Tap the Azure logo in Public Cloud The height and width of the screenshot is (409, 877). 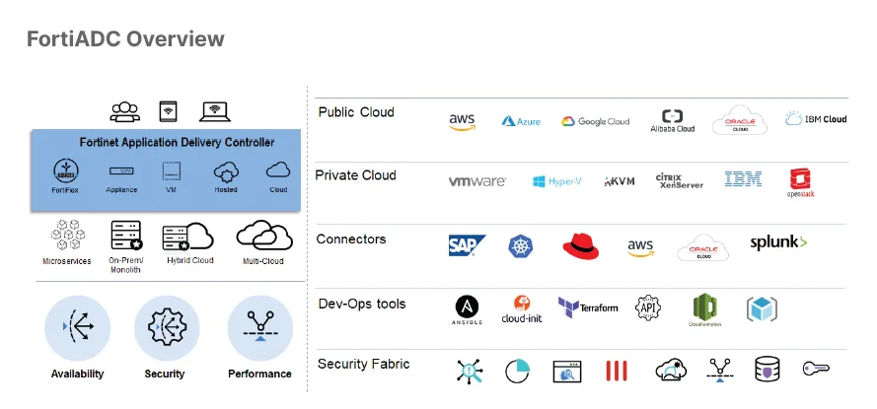click(x=522, y=121)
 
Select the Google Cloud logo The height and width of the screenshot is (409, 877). click(x=596, y=121)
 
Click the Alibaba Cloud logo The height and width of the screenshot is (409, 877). click(x=672, y=120)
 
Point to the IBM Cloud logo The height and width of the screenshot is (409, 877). click(x=816, y=119)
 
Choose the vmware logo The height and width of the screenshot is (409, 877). click(x=477, y=181)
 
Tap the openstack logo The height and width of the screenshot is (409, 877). click(x=799, y=183)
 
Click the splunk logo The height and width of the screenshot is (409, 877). click(x=778, y=242)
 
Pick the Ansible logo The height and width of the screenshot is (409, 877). click(x=468, y=309)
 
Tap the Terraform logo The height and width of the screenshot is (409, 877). click(x=588, y=307)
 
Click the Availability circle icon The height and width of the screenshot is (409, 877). click(x=77, y=327)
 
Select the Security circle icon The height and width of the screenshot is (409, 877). click(x=165, y=327)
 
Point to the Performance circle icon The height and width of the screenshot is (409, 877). click(x=259, y=327)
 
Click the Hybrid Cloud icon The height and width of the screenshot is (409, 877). click(x=188, y=238)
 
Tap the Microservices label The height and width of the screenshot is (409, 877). click(x=67, y=261)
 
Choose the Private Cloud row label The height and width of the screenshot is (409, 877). click(x=356, y=175)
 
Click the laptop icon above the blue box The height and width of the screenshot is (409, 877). click(x=215, y=111)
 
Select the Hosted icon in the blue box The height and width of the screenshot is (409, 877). click(x=226, y=172)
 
